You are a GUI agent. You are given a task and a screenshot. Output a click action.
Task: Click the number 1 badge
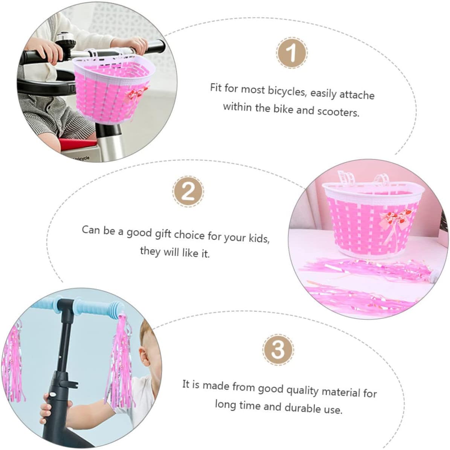291,53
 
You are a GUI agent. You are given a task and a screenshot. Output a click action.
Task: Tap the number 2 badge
188,191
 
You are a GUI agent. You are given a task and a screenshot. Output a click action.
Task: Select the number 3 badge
278,349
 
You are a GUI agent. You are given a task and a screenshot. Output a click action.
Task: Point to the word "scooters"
338,111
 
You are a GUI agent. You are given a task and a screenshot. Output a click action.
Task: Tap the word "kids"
259,238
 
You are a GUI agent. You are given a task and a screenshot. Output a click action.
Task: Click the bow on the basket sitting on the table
395,218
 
